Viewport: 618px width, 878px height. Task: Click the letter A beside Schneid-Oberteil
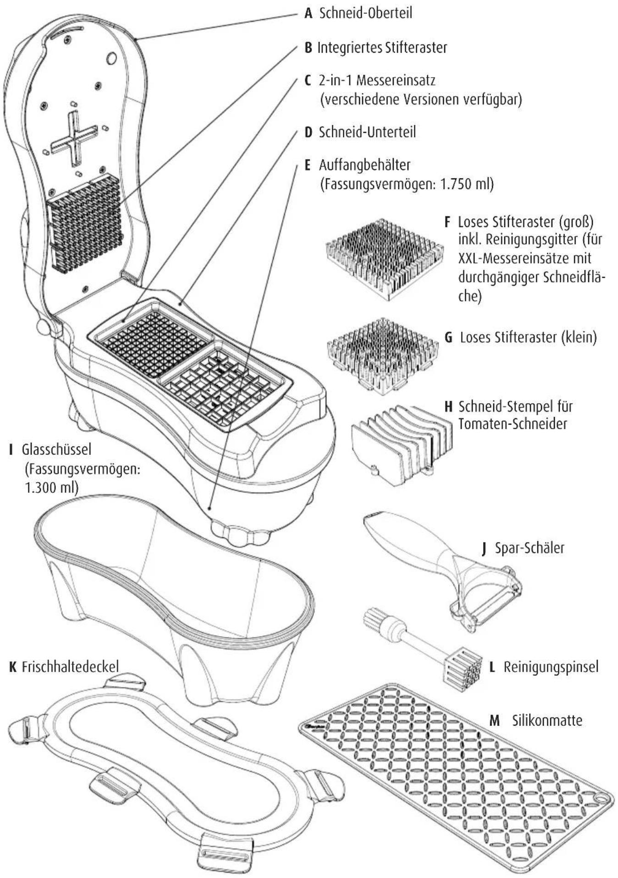click(x=309, y=13)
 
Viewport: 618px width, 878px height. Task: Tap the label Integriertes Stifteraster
click(x=382, y=47)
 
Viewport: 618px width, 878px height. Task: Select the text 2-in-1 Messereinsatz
click(x=377, y=80)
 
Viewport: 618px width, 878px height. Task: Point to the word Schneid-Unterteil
click(x=367, y=132)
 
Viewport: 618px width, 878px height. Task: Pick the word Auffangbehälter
click(x=364, y=164)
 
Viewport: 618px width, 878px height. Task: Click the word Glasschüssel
click(x=56, y=449)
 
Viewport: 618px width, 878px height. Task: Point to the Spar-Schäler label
click(x=530, y=547)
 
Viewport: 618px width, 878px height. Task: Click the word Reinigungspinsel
click(x=551, y=666)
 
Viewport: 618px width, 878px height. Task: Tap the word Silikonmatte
click(x=547, y=720)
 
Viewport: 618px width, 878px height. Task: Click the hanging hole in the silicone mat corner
click(x=600, y=810)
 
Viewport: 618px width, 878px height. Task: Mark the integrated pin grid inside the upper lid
click(x=84, y=223)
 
